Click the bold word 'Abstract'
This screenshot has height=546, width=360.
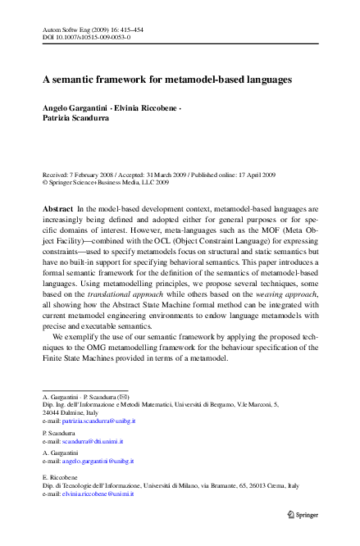click(57, 211)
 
